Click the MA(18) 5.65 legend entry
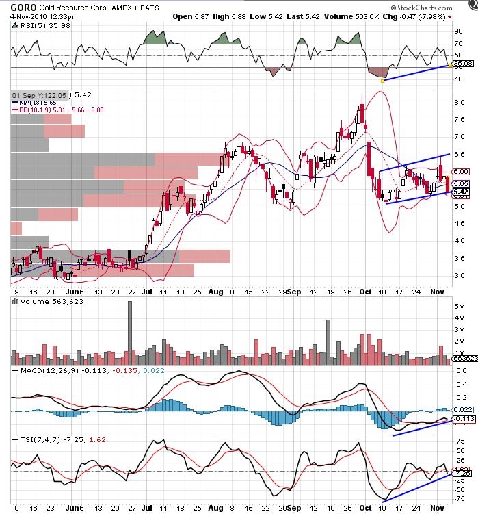point(38,102)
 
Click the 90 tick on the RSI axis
point(459,30)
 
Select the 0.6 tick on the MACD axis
point(461,372)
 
